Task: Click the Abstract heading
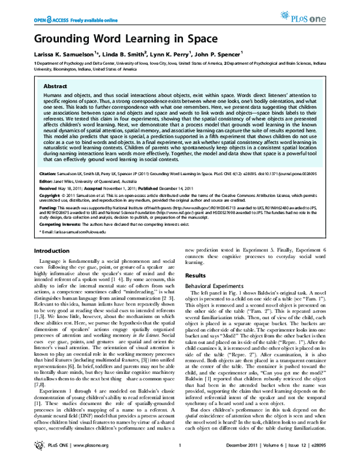[x=55, y=86]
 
